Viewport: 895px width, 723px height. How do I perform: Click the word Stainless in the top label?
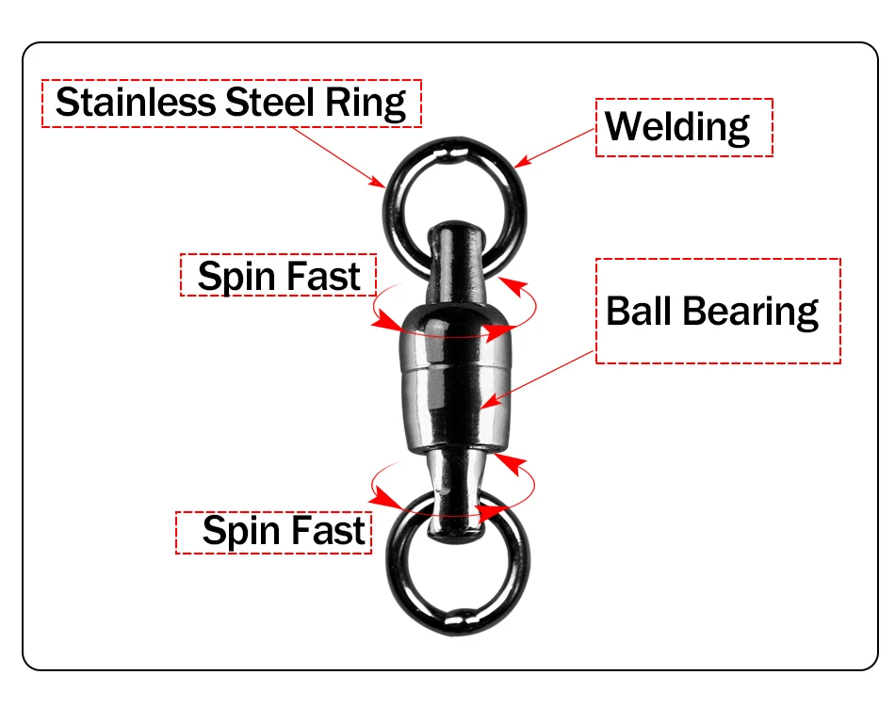click(136, 103)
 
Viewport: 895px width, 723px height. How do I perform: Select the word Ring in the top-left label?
click(366, 104)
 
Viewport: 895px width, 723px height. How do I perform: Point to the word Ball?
click(640, 311)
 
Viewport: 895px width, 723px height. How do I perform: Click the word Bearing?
click(751, 313)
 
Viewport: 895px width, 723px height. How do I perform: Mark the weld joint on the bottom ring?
click(459, 619)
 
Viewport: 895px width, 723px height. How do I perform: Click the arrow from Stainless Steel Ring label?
click(338, 157)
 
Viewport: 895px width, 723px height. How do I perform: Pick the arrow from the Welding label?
click(554, 148)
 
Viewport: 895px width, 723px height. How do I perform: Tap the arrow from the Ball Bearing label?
click(538, 379)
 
